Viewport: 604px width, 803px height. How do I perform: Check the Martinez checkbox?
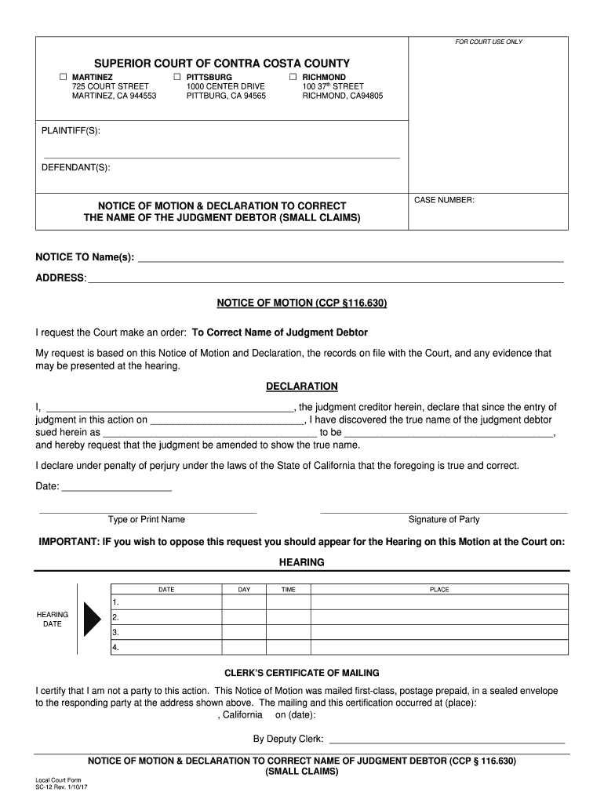point(64,77)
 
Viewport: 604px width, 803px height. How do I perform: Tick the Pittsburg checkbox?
point(177,77)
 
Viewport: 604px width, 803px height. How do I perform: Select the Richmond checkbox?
point(293,77)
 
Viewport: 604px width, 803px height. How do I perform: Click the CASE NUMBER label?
point(444,201)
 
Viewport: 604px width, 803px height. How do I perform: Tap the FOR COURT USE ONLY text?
point(489,42)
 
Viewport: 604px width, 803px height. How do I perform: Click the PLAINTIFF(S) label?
point(71,130)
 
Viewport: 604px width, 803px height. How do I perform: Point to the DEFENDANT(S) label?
point(75,167)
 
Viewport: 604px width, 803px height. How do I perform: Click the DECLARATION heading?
point(302,387)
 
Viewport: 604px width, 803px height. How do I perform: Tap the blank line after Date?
point(116,487)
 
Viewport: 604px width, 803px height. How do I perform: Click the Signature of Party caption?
point(444,519)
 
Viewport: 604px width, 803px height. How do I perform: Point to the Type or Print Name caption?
point(147,519)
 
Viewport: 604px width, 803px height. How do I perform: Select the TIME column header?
point(289,590)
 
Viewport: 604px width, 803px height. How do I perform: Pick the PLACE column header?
point(439,590)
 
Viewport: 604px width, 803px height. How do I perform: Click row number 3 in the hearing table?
point(115,632)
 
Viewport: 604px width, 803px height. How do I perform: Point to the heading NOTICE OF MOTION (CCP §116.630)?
point(302,303)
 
